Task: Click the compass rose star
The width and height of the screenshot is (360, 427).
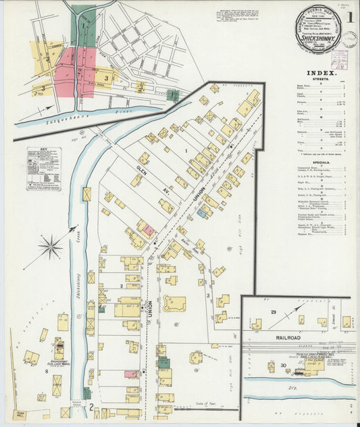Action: point(51,247)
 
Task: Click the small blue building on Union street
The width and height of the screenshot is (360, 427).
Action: point(202,213)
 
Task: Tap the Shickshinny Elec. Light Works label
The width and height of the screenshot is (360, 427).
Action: point(59,362)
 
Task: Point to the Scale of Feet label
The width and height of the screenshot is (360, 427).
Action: point(201,404)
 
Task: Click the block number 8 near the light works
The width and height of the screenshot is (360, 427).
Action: point(47,371)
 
